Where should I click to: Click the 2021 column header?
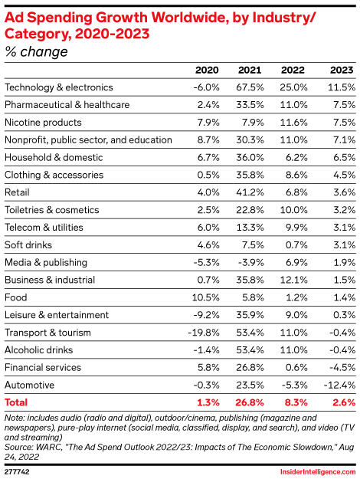pos(250,70)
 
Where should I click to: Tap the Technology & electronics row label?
pos(59,87)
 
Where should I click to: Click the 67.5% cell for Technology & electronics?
pos(250,87)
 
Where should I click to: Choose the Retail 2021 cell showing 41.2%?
pos(250,192)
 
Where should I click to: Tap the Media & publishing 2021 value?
pos(250,262)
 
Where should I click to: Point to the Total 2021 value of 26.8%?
pos(249,402)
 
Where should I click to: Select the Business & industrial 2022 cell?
pos(293,280)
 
